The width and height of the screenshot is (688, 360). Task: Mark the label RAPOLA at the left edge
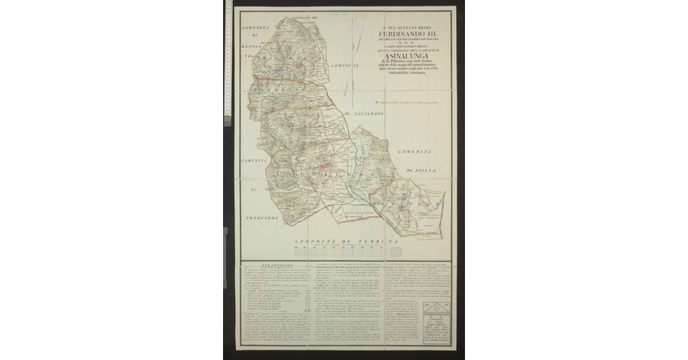point(252,49)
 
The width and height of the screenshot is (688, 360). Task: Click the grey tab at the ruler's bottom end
point(228,118)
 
